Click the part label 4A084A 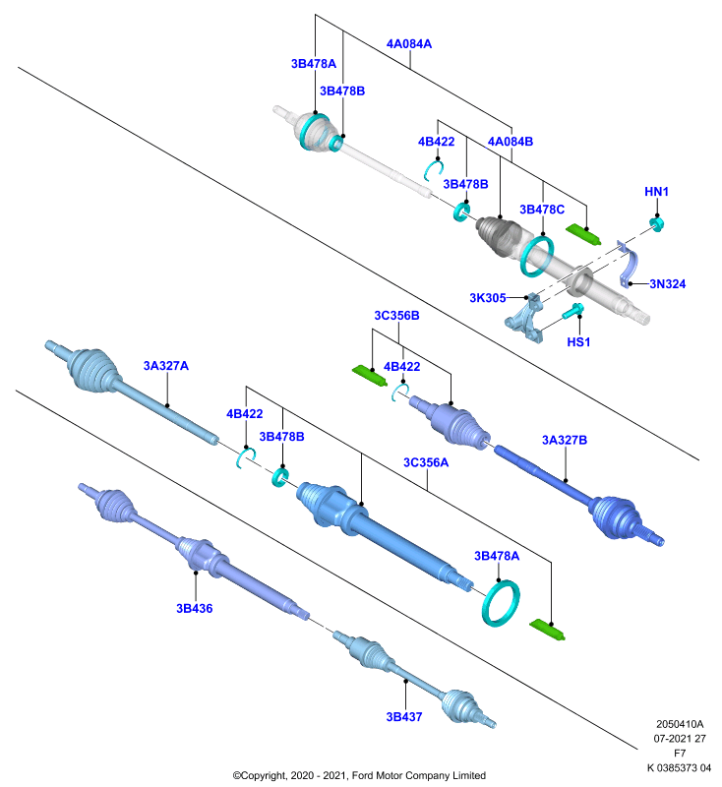[409, 44]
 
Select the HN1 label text [656, 192]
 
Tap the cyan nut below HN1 [656, 223]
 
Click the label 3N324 [667, 284]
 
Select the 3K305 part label [487, 298]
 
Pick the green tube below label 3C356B [369, 376]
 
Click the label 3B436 [194, 609]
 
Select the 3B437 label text [404, 717]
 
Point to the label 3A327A [165, 366]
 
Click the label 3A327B [564, 440]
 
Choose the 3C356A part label [426, 462]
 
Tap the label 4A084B [511, 142]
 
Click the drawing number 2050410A [680, 724]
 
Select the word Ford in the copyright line [363, 775]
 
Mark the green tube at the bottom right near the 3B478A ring [547, 630]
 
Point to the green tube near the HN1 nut [583, 234]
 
